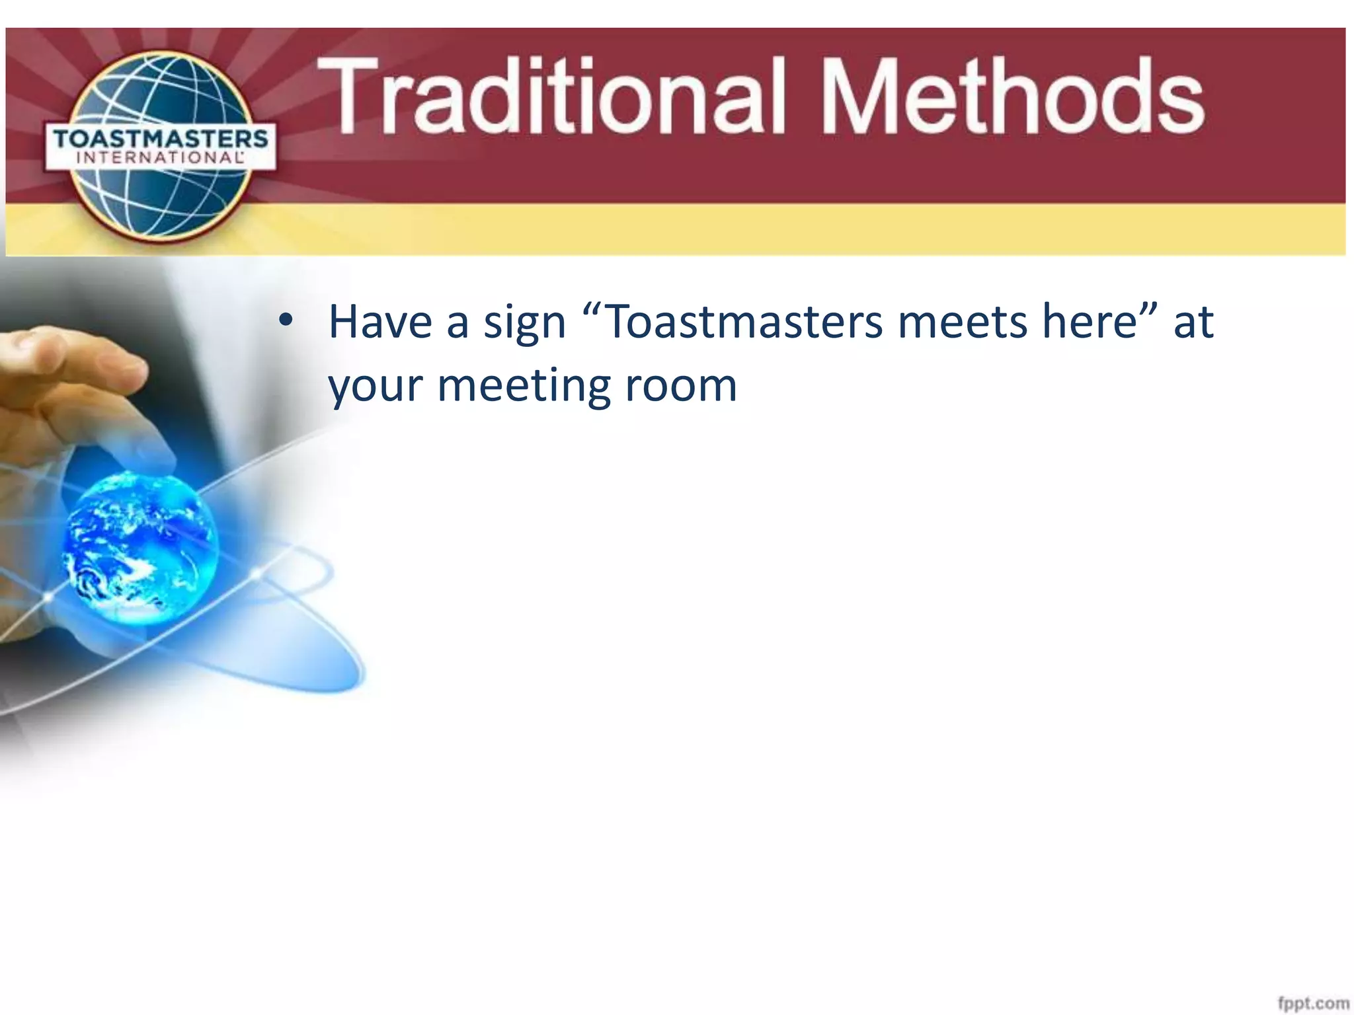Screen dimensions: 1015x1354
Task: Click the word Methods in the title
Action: tap(1012, 96)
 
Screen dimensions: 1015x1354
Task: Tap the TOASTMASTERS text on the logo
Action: tap(161, 139)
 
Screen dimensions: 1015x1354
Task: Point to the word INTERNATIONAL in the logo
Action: tap(161, 158)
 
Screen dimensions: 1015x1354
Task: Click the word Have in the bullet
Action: tap(380, 322)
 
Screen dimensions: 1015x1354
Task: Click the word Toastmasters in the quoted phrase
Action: tap(743, 322)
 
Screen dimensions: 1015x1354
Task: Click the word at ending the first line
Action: tap(1194, 322)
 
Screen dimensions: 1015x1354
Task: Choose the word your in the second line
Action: tap(375, 387)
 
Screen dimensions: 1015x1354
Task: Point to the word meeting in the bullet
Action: tap(524, 387)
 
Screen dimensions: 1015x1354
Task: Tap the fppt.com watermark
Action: tap(1313, 1002)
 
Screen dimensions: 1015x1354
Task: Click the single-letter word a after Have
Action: tap(458, 324)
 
